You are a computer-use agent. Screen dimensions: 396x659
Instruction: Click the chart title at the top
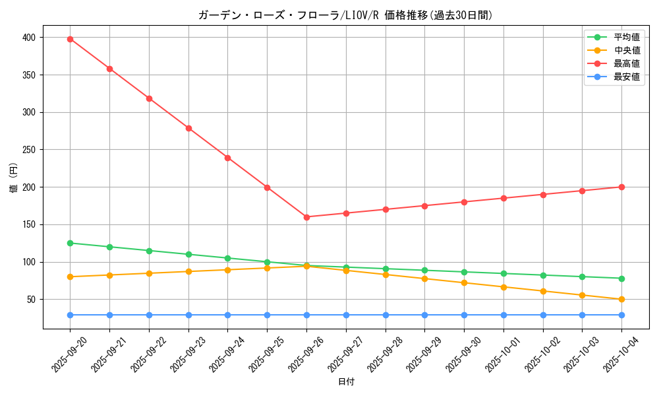(x=345, y=15)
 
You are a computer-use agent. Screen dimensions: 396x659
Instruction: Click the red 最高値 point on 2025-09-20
(x=70, y=39)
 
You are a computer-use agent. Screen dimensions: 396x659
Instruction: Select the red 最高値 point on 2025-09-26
(x=306, y=217)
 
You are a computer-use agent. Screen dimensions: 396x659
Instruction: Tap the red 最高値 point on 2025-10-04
(x=621, y=187)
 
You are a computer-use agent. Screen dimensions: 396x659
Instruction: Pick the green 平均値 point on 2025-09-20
(x=70, y=243)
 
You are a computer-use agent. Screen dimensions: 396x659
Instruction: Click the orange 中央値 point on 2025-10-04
(x=621, y=300)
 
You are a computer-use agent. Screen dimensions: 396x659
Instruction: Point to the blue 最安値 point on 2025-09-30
(x=464, y=315)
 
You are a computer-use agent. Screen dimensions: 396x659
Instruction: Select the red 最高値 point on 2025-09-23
(x=188, y=128)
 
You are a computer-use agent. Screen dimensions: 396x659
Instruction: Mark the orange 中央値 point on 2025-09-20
(x=70, y=277)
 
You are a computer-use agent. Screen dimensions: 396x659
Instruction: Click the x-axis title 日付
(x=346, y=382)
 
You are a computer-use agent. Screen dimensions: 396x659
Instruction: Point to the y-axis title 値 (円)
(x=14, y=178)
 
